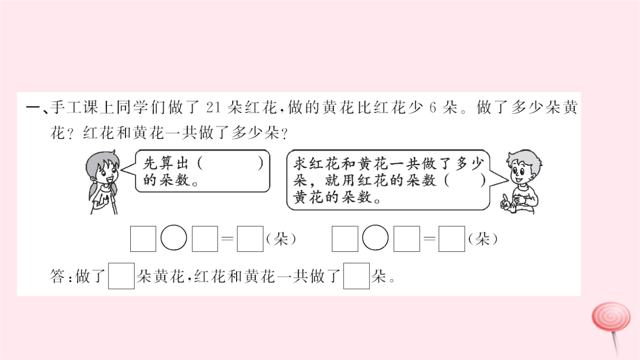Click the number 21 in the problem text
click(x=213, y=108)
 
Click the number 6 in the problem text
click(x=433, y=108)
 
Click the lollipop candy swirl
click(x=611, y=317)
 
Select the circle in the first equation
click(x=174, y=238)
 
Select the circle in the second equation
click(x=375, y=238)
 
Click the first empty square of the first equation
click(x=143, y=239)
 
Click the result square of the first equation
click(x=250, y=239)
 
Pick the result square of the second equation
click(x=452, y=239)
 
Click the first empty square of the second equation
click(x=345, y=239)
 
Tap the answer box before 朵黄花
click(x=121, y=276)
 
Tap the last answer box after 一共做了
click(x=356, y=276)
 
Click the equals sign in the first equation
click(x=228, y=239)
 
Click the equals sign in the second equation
click(x=429, y=239)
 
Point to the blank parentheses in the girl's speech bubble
click(x=230, y=164)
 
